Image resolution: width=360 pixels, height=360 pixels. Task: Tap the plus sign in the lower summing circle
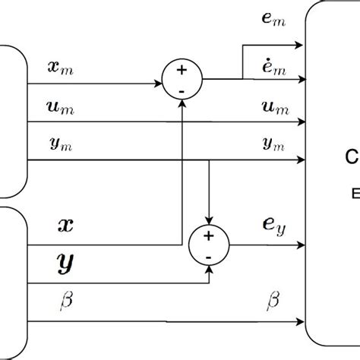[x=208, y=236]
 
